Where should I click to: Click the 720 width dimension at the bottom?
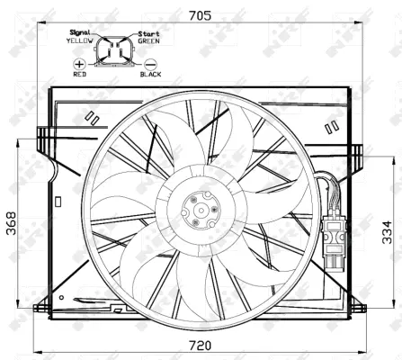point(200,346)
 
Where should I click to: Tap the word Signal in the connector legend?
point(81,31)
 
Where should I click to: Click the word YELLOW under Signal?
point(81,40)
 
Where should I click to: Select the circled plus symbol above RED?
point(79,65)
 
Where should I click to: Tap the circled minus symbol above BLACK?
point(149,65)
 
